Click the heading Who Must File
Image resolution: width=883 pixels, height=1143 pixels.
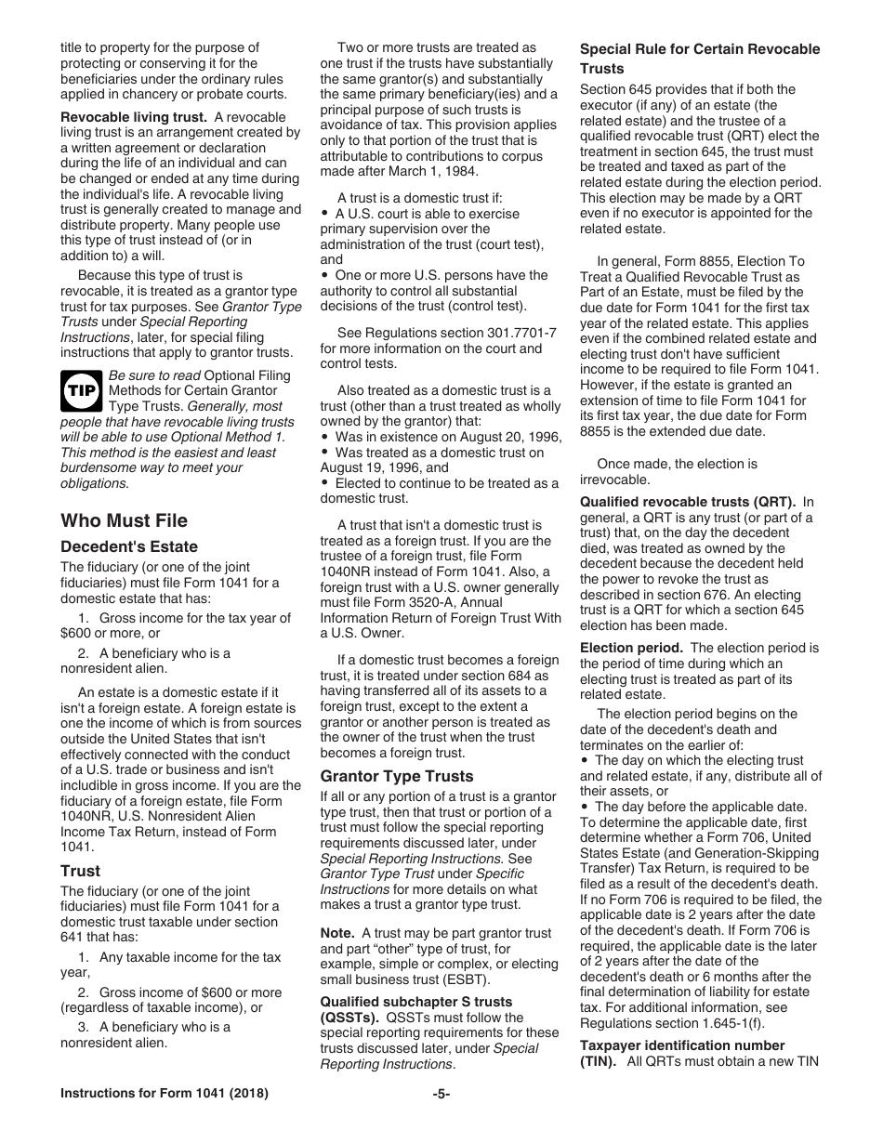(x=124, y=520)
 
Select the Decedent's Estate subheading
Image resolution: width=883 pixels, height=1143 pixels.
(x=129, y=546)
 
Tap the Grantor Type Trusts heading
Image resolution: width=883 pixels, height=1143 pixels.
(x=397, y=776)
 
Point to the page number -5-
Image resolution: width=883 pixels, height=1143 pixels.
(x=441, y=1094)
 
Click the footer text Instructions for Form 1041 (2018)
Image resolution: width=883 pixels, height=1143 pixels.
(x=165, y=1094)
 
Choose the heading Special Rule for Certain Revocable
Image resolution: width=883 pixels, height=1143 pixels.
(x=700, y=49)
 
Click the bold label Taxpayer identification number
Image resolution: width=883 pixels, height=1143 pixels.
(x=682, y=1045)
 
